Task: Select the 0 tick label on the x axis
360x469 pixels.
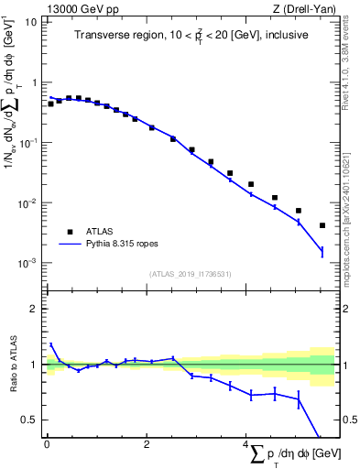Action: coord(47,445)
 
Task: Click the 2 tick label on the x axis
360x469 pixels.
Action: coord(147,445)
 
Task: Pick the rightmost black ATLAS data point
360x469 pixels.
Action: coord(322,225)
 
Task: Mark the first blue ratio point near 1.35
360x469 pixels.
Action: coord(51,344)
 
